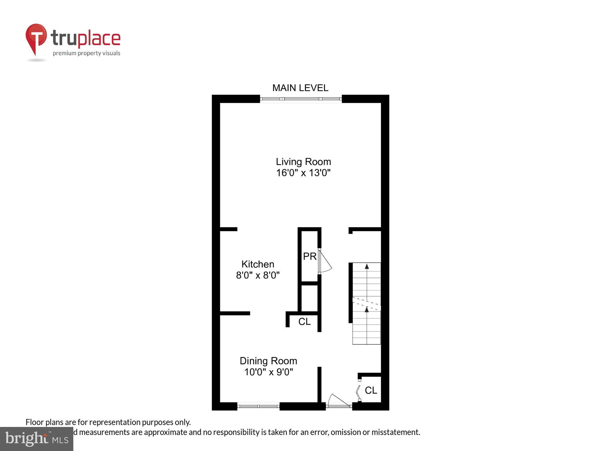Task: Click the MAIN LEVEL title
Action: [300, 88]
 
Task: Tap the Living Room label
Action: [303, 162]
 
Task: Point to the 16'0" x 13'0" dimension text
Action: [303, 173]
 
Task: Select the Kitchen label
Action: [258, 264]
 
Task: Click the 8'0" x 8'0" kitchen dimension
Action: [258, 275]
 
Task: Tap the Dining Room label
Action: [268, 361]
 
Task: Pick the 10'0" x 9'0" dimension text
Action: [268, 372]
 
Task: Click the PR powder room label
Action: [310, 256]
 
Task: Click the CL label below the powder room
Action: [304, 322]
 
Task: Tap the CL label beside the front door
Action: [371, 390]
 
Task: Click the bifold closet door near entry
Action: [358, 390]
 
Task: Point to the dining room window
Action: [258, 406]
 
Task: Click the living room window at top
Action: [300, 99]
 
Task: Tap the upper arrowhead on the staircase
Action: [367, 266]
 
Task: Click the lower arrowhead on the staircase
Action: [367, 309]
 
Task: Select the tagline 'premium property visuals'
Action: [86, 54]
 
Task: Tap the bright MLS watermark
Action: [37, 439]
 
